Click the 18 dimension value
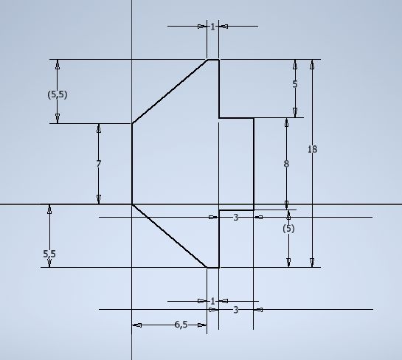pos(312,149)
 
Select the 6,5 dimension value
pos(181,325)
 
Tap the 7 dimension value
pos(99,164)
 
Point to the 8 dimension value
pos(286,164)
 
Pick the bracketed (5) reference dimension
pos(288,229)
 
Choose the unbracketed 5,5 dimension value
pos(49,254)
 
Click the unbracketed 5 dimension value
pos(295,84)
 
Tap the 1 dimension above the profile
pos(212,27)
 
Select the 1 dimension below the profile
pos(212,301)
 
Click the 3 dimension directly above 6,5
pos(236,310)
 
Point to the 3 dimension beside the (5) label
pos(236,218)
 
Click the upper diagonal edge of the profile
pos(170,91)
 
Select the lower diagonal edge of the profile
pos(170,236)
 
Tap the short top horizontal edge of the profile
pos(213,60)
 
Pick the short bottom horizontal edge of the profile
pos(213,268)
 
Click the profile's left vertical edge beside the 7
pos(132,164)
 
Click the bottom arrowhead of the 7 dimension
pos(99,199)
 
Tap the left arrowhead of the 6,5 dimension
pos(137,325)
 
